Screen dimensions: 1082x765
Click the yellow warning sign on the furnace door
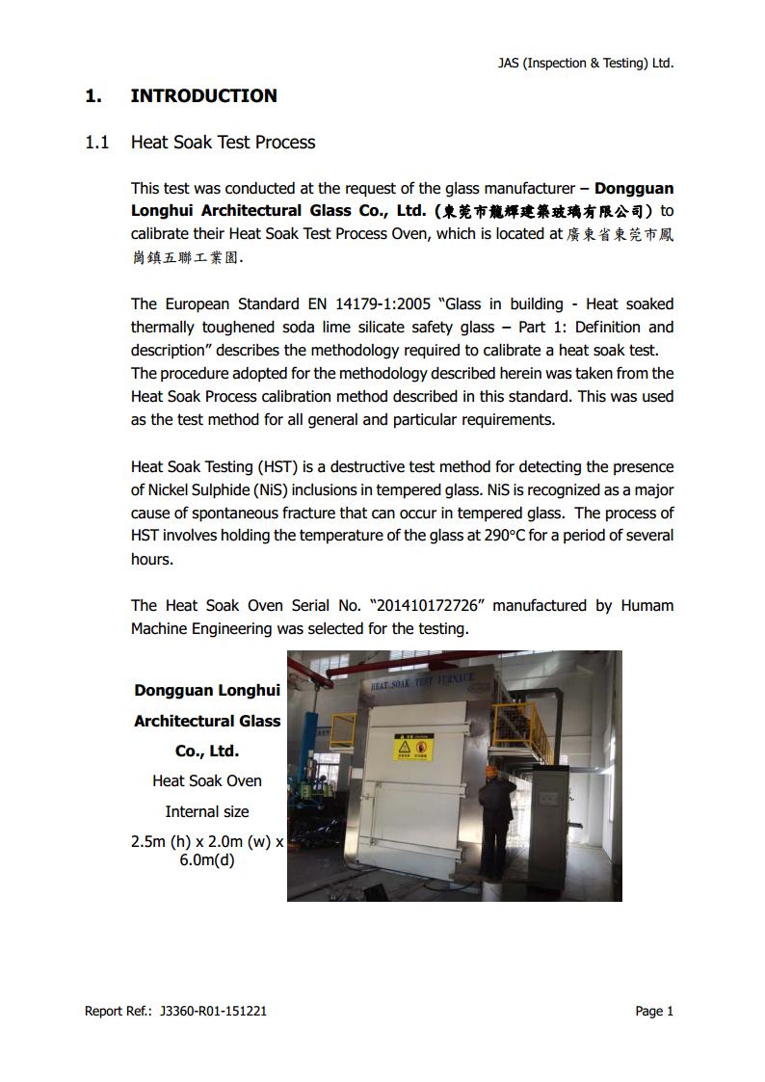[413, 748]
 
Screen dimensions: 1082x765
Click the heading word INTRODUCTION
[203, 95]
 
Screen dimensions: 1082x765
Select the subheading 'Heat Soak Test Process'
[223, 143]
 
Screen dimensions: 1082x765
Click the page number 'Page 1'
[654, 1011]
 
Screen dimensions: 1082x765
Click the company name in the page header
[585, 64]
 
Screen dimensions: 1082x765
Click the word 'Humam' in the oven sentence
[646, 606]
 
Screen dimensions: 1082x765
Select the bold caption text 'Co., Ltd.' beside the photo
[207, 751]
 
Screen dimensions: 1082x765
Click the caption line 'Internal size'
[207, 811]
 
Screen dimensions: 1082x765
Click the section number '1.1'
[96, 143]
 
